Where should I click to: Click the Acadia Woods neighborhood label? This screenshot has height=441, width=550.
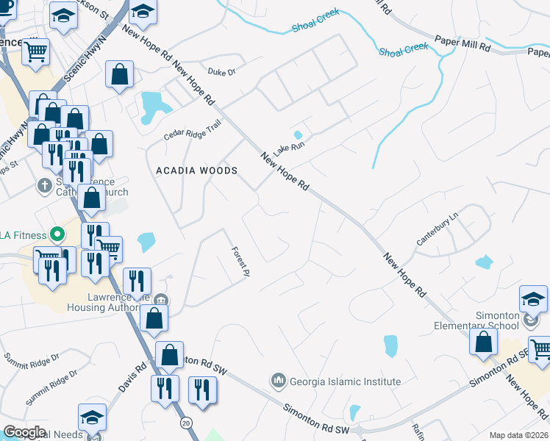(197, 171)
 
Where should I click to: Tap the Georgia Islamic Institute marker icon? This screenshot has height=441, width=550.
(278, 381)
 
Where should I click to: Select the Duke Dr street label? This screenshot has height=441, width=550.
(221, 72)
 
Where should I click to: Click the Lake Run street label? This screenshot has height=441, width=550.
(289, 147)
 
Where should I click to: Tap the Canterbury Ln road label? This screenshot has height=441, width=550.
(438, 229)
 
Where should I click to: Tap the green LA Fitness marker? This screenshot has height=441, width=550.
(54, 235)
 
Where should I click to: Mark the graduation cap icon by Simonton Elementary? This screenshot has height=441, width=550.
(533, 300)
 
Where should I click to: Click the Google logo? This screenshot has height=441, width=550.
(24, 432)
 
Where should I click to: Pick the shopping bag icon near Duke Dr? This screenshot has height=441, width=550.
(119, 75)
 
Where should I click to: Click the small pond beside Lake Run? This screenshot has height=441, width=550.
(297, 135)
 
